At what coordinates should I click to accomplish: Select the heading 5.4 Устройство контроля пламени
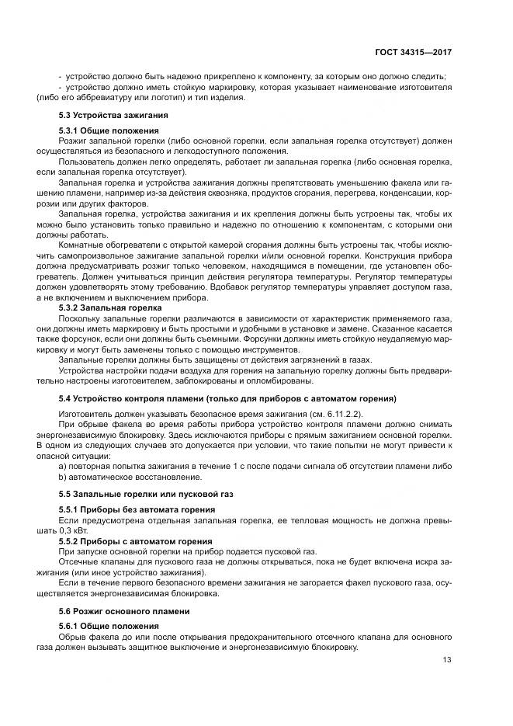[x=227, y=398]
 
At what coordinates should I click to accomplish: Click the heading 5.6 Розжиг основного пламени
[x=124, y=611]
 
